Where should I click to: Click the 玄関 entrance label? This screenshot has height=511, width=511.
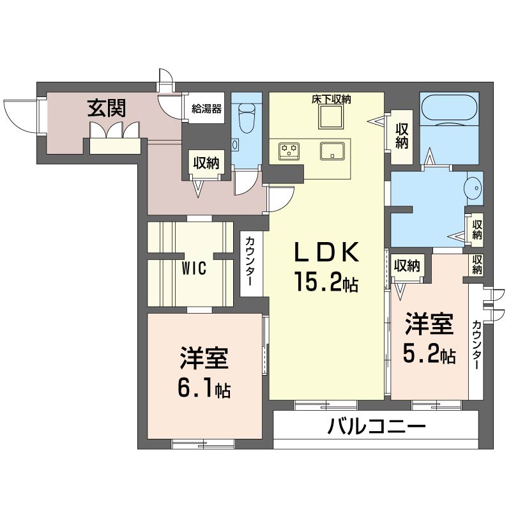[106, 108]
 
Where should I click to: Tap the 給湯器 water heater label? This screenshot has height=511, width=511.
[206, 109]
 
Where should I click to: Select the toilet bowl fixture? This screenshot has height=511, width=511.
[247, 118]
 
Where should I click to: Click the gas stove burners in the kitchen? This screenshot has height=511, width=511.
[289, 151]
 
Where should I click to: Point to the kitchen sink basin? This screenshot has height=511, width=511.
[332, 151]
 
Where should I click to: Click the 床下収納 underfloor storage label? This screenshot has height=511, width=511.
[331, 99]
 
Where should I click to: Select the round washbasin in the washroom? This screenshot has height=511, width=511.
[473, 188]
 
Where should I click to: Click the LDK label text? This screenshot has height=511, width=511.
[326, 252]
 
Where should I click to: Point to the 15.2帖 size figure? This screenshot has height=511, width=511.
[326, 282]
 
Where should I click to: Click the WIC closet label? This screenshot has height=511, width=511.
[194, 268]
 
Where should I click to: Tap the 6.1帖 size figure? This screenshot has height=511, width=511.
[204, 388]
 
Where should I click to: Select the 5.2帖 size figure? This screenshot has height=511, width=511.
[429, 353]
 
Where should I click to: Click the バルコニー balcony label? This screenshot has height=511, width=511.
[376, 426]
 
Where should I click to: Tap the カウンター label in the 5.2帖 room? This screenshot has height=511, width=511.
[476, 345]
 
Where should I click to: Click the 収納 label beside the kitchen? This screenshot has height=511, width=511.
[402, 137]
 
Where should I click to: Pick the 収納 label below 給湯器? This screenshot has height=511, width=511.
[206, 163]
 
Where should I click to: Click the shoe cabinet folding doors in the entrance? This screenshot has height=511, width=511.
[115, 130]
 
